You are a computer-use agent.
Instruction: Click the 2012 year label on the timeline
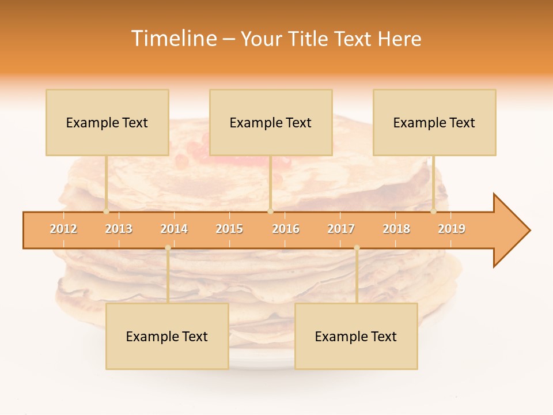pyautogui.click(x=63, y=229)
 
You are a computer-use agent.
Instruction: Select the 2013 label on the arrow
pyautogui.click(x=119, y=229)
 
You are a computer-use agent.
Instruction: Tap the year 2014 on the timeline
pyautogui.click(x=174, y=229)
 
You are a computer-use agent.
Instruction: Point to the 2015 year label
pyautogui.click(x=229, y=229)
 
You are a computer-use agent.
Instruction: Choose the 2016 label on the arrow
pyautogui.click(x=286, y=229)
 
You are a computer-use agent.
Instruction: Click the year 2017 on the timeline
pyautogui.click(x=341, y=229)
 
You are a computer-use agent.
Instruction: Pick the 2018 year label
pyautogui.click(x=396, y=229)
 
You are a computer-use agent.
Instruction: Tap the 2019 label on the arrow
pyautogui.click(x=452, y=229)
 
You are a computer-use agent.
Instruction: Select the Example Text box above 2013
pyautogui.click(x=107, y=122)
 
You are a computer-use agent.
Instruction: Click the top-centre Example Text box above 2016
pyautogui.click(x=271, y=122)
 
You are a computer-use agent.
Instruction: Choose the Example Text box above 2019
pyautogui.click(x=434, y=122)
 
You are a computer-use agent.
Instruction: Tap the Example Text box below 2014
pyautogui.click(x=167, y=336)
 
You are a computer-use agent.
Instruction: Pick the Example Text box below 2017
pyautogui.click(x=356, y=336)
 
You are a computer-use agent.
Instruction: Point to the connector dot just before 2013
pyautogui.click(x=106, y=211)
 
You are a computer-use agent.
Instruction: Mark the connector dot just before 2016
pyautogui.click(x=270, y=211)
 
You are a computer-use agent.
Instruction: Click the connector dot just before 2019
pyautogui.click(x=433, y=211)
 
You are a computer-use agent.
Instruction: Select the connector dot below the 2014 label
pyautogui.click(x=168, y=248)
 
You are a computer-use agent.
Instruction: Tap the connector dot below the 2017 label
pyautogui.click(x=357, y=248)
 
